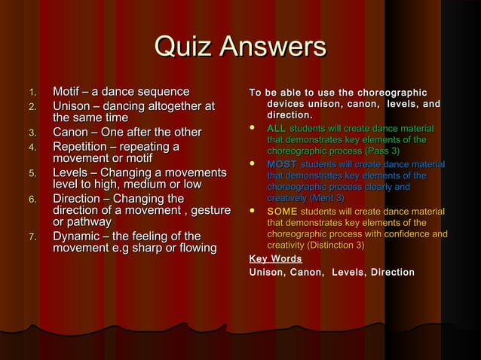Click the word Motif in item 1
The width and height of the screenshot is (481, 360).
pyautogui.click(x=66, y=92)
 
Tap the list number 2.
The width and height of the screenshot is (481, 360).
pyautogui.click(x=32, y=106)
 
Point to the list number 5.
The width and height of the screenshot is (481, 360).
pyautogui.click(x=32, y=174)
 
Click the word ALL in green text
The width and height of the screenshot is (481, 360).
pyautogui.click(x=276, y=130)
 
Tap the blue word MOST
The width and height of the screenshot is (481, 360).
pyautogui.click(x=281, y=164)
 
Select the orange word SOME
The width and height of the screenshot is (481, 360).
pyautogui.click(x=281, y=212)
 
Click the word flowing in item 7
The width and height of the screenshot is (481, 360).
pyautogui.click(x=198, y=249)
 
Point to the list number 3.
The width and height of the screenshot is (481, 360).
pyautogui.click(x=32, y=133)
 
